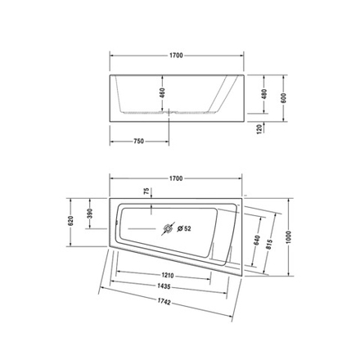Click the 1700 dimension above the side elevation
(175, 56)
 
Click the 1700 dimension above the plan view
(175, 178)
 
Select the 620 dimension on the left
(71, 220)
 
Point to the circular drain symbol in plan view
(170, 229)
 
